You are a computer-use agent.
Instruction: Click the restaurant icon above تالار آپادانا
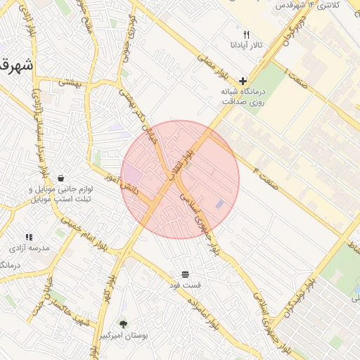click(245, 34)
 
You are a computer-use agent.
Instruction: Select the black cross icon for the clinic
click(243, 81)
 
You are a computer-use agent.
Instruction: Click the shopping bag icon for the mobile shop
click(61, 179)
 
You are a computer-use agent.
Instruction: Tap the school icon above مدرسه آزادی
click(29, 238)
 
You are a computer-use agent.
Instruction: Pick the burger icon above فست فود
click(184, 274)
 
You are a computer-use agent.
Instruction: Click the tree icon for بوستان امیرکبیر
click(124, 324)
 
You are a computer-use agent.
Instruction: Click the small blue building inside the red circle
click(220, 205)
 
